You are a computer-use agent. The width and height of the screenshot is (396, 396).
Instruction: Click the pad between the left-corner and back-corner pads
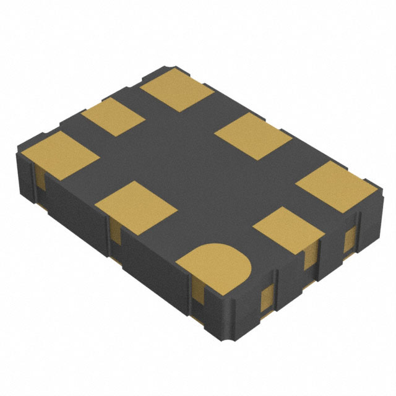pyautogui.click(x=113, y=118)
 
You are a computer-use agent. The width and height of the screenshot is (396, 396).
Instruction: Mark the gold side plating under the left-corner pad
pyautogui.click(x=40, y=181)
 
